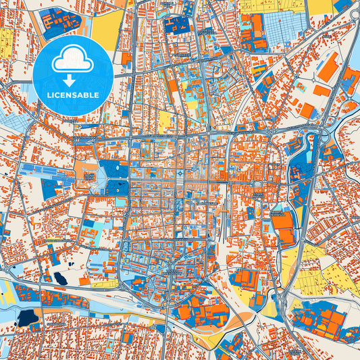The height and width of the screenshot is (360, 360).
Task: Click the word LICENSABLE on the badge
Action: [72, 95]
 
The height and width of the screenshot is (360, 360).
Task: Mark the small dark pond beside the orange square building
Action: [61, 278]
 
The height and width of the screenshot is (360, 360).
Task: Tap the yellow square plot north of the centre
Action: [165, 121]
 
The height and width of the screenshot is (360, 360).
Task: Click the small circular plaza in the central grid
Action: [257, 183]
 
